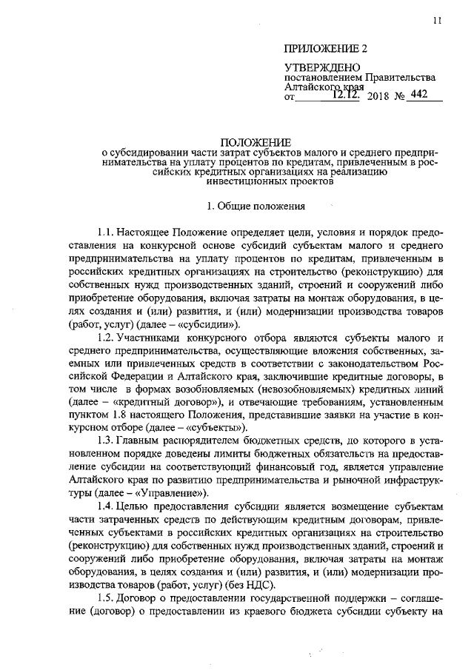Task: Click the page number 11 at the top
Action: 438,21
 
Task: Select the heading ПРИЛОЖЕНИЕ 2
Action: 327,49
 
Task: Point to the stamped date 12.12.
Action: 346,94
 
